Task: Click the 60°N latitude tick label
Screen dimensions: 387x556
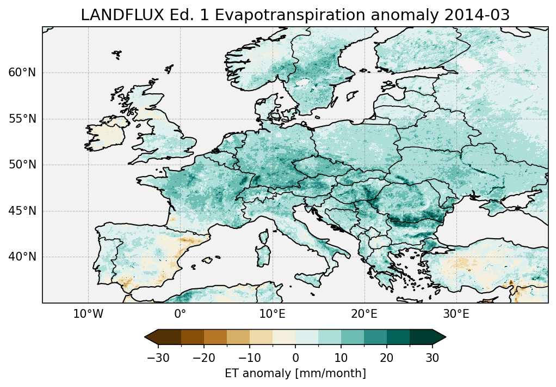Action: [x=22, y=73]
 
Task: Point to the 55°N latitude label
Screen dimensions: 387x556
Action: [x=22, y=119]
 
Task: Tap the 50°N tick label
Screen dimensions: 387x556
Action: [x=22, y=165]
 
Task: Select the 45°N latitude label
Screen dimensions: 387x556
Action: [x=22, y=211]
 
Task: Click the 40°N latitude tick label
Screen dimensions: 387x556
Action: [x=22, y=257]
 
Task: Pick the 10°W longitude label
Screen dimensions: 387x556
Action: [x=88, y=314]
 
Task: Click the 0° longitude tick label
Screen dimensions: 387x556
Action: [x=180, y=314]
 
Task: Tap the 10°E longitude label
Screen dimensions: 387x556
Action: [x=272, y=314]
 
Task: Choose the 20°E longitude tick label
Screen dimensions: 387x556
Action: [x=364, y=314]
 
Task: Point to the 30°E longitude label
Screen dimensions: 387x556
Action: [x=456, y=314]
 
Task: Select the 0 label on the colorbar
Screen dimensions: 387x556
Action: [x=295, y=358]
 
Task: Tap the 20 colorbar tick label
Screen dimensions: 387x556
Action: [x=387, y=358]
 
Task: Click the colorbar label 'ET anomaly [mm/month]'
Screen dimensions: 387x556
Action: [x=295, y=373]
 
